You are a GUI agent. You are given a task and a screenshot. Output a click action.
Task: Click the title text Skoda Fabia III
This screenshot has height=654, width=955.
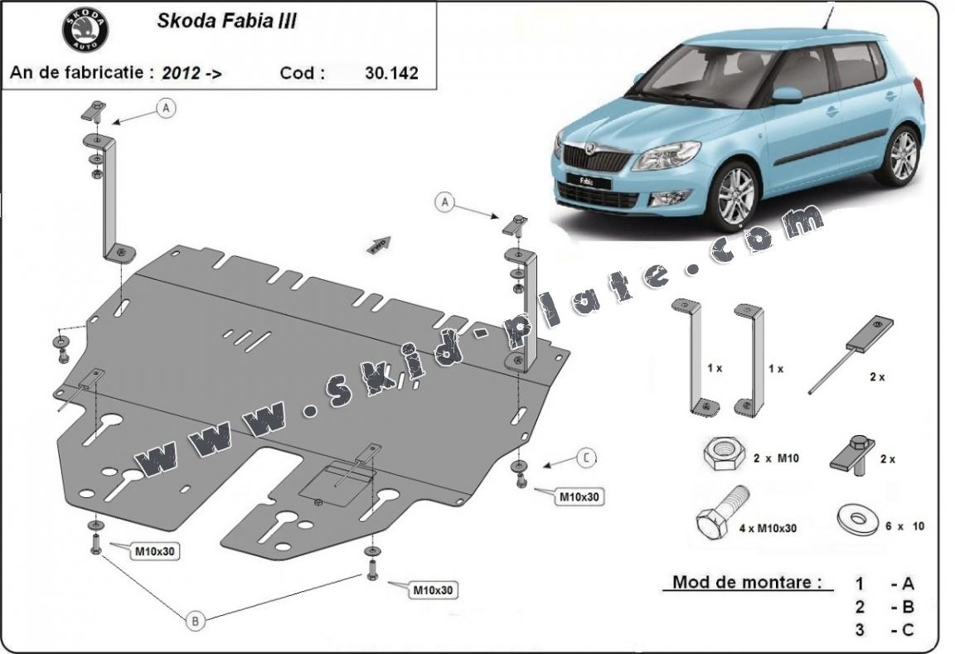coord(226,22)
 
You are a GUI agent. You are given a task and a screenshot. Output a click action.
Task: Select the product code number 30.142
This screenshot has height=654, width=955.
coord(391,73)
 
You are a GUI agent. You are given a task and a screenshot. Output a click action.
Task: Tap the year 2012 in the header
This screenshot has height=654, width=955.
coord(181,73)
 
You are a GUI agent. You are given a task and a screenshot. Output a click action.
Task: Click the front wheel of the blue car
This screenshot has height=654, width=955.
coord(734,196)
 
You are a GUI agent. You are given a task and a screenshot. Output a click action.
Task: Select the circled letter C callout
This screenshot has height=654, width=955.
coord(586,457)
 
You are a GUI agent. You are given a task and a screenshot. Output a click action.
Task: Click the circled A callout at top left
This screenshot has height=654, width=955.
coord(167,108)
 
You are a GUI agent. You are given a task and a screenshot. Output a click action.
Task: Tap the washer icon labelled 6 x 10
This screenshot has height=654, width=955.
coord(856,519)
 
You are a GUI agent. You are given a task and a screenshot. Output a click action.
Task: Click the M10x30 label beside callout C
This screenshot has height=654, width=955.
coord(579,497)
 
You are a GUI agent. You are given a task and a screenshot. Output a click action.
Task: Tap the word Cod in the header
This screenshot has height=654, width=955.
coord(298,73)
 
